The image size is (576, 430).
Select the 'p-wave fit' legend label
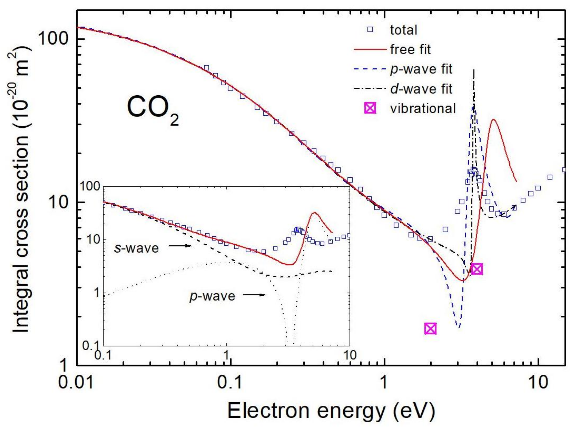[x=421, y=69]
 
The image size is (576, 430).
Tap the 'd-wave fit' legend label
[x=421, y=89]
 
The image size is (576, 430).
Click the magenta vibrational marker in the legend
[x=370, y=108]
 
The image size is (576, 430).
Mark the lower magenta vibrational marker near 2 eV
[x=430, y=328]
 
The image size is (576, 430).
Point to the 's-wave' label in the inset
[x=136, y=248]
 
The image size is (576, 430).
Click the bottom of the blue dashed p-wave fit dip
[x=459, y=327]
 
